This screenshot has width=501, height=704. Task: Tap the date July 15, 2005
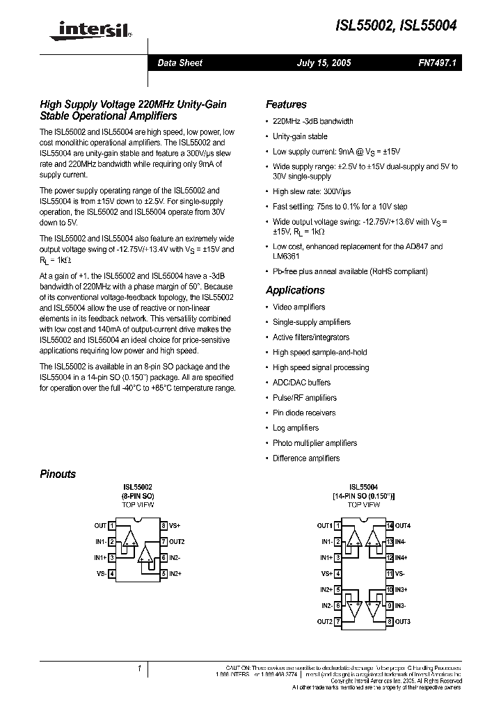(x=324, y=63)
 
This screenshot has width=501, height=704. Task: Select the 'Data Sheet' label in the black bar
(x=180, y=63)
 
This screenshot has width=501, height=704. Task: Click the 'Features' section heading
(x=286, y=104)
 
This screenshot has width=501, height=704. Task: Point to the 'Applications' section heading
(x=295, y=290)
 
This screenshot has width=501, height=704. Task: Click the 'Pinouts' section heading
(x=58, y=474)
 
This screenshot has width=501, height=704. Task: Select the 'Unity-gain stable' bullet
(x=300, y=136)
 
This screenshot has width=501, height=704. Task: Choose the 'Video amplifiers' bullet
(x=299, y=307)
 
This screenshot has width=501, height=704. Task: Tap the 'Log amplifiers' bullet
(x=296, y=428)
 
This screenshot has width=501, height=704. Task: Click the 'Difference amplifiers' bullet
(x=306, y=458)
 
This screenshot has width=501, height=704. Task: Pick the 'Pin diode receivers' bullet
(x=304, y=413)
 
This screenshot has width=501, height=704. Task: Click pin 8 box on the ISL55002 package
(x=164, y=526)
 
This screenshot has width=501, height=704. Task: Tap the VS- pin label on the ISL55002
(x=101, y=574)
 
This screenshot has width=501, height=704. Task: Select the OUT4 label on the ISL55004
(x=403, y=526)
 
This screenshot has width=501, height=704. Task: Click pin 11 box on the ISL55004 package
(x=390, y=574)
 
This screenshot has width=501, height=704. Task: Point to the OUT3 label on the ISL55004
(x=403, y=621)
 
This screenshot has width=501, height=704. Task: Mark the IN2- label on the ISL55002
(x=174, y=558)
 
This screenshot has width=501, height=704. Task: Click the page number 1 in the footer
(x=139, y=669)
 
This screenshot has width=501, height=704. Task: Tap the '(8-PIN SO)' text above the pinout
(x=138, y=496)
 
